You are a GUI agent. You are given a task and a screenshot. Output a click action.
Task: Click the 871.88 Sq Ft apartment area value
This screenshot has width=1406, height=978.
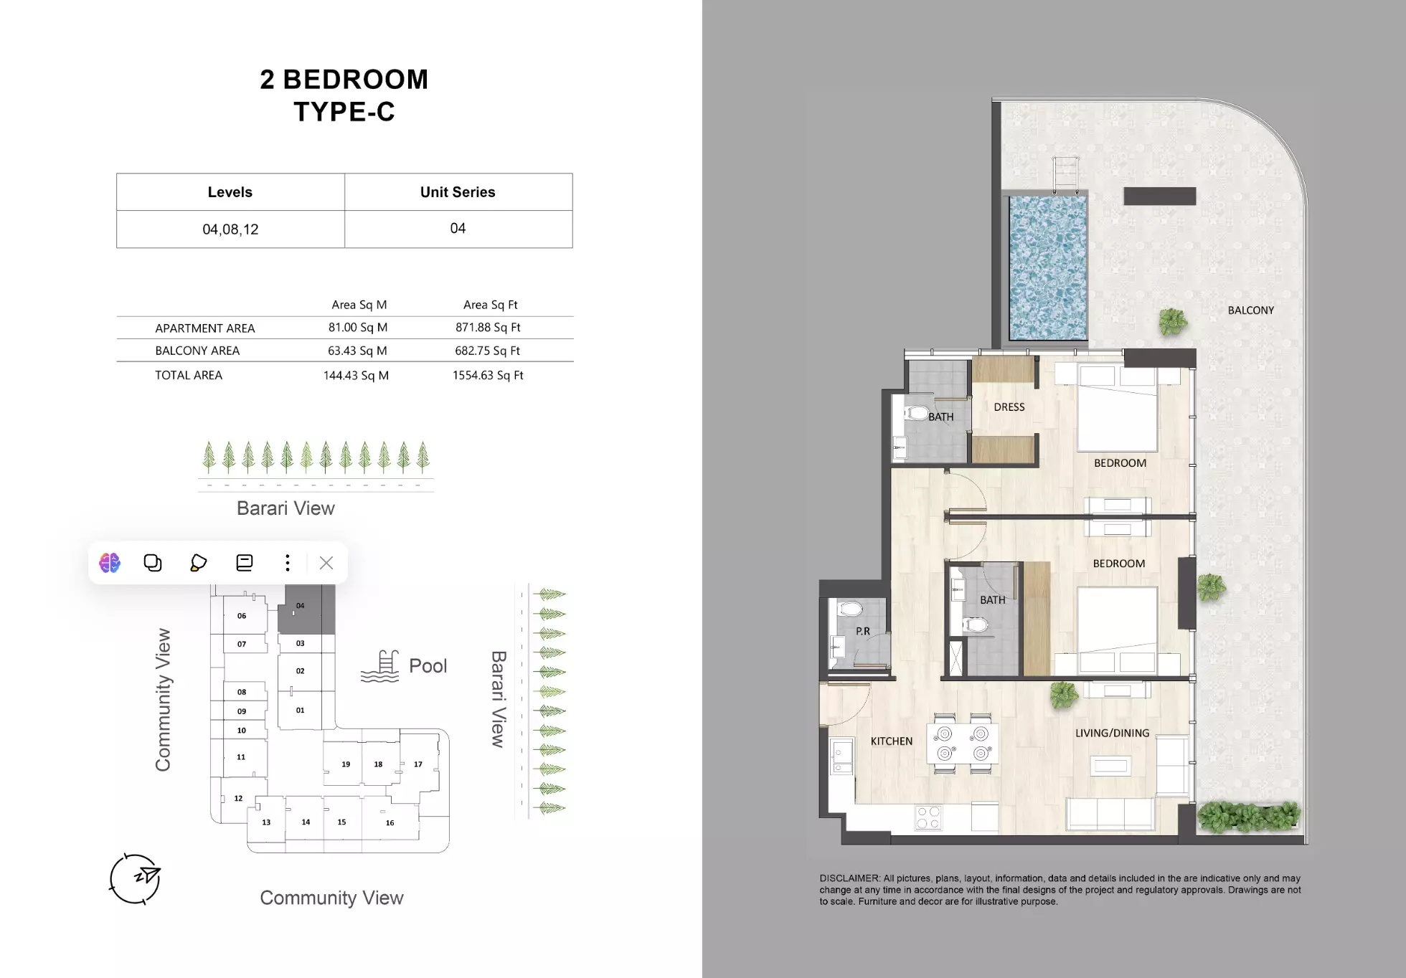[x=488, y=327]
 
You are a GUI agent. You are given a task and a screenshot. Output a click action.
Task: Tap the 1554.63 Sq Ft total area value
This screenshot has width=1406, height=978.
[x=488, y=375]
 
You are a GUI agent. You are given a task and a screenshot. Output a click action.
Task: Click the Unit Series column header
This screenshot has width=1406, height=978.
[x=458, y=192]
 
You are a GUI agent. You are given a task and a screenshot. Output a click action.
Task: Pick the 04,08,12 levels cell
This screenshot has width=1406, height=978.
[x=230, y=229]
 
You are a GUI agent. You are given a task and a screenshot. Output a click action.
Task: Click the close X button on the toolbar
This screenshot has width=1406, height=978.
[x=326, y=563]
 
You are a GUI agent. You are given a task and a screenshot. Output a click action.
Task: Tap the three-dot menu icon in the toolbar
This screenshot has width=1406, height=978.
[x=288, y=563]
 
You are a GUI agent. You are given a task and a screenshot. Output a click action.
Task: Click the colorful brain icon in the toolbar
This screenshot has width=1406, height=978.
[x=110, y=563]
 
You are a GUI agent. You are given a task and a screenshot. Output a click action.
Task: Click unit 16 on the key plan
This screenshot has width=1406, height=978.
[x=390, y=822]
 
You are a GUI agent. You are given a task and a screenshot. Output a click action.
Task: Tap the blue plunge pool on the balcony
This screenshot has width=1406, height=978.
[x=1047, y=268]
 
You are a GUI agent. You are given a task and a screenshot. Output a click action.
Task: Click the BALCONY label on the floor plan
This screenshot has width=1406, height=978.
[x=1250, y=310]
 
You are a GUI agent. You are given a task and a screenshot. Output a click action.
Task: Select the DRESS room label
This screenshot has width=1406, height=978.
[x=1009, y=407]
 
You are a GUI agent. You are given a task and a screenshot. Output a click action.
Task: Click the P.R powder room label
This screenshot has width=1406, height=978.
[x=862, y=632]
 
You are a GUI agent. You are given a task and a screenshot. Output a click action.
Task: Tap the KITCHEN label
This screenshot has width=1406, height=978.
[x=891, y=741]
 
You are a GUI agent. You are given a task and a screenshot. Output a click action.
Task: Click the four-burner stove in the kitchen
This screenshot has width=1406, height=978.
[x=928, y=818]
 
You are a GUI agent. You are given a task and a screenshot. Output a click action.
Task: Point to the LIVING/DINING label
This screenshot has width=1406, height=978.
[x=1112, y=733]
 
